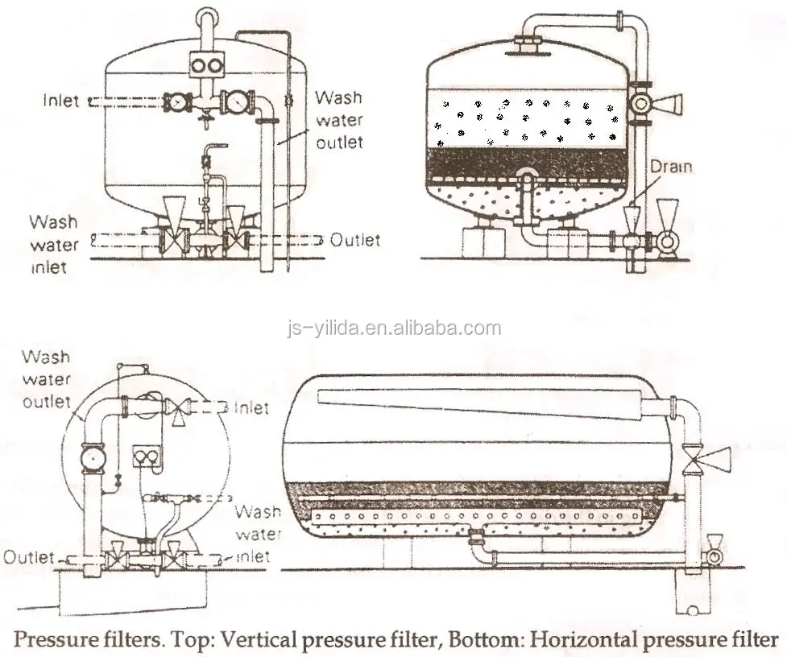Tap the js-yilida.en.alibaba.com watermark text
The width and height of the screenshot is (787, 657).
point(394,328)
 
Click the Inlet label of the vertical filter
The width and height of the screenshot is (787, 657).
point(61,101)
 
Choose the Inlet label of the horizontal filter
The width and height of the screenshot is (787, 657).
point(251,408)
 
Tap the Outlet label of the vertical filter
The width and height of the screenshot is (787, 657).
point(355,240)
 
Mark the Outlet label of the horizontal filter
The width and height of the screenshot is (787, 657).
point(29,556)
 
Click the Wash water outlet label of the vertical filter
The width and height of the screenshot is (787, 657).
point(338,120)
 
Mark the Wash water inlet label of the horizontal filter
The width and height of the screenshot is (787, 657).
point(258,533)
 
